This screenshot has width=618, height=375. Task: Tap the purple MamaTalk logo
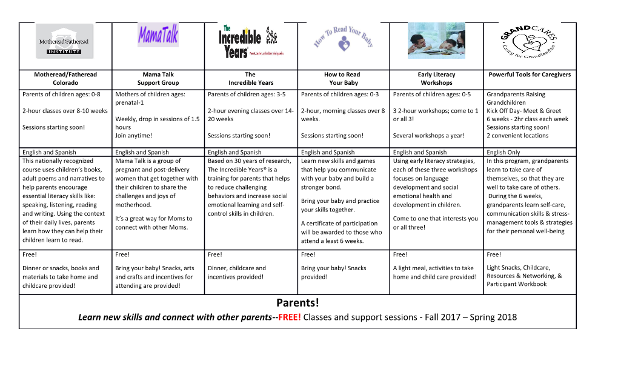(x=158, y=35)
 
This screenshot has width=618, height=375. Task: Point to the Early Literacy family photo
(x=436, y=41)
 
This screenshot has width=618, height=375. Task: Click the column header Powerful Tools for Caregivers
(x=530, y=75)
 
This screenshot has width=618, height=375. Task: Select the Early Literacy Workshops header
(x=436, y=79)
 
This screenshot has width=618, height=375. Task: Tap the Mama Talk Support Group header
(x=158, y=79)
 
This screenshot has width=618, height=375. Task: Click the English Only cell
(x=503, y=152)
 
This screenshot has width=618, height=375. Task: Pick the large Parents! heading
(x=297, y=303)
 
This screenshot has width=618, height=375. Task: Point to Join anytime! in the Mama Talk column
(x=133, y=136)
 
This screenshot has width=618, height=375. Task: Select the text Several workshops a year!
(x=429, y=136)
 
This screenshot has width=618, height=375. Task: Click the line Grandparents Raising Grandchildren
(x=516, y=98)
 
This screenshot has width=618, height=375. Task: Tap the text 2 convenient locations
(x=517, y=136)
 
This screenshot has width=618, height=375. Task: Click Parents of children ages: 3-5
(x=246, y=94)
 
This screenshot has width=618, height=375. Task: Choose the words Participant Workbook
(x=516, y=284)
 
